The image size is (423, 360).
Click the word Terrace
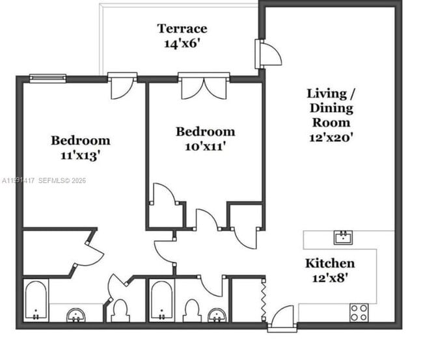[182, 29]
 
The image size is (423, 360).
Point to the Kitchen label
[330, 263]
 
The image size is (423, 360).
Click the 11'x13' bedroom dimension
[80, 156]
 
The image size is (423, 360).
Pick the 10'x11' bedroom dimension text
[205, 147]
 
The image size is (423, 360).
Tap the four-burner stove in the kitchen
[359, 312]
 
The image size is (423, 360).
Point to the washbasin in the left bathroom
[77, 316]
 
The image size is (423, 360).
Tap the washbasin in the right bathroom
[217, 315]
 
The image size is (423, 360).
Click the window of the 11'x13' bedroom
[48, 79]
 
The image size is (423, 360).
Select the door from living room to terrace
[267, 53]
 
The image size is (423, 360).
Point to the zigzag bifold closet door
[264, 299]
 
